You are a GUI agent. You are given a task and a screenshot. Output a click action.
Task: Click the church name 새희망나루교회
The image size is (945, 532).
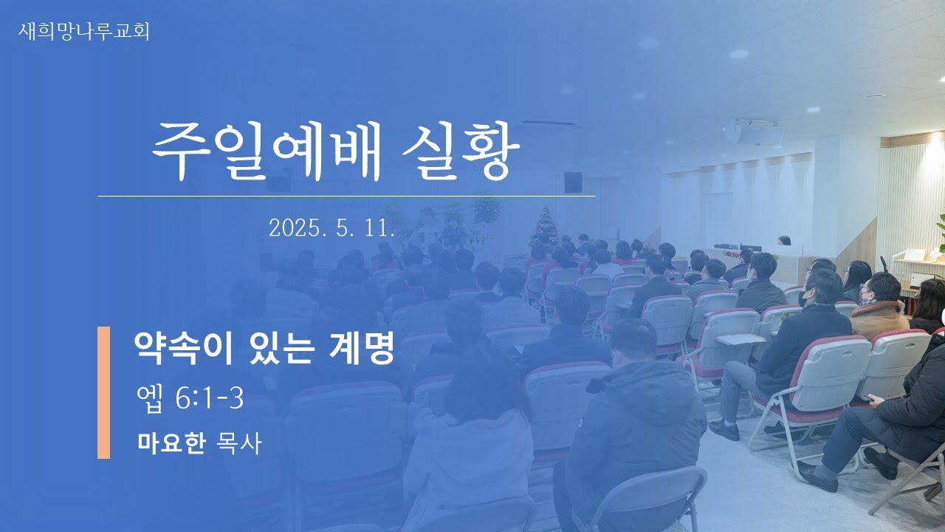coord(83,32)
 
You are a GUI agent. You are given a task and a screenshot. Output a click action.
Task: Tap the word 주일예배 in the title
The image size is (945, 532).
coord(267,151)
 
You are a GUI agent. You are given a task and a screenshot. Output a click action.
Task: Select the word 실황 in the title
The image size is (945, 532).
coord(461,151)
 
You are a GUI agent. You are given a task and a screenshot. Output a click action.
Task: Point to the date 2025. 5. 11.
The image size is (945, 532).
coord(331,228)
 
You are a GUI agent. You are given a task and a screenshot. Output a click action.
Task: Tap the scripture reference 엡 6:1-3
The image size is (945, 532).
coord(190,398)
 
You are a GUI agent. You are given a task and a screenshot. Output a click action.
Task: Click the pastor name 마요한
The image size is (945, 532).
coord(172,443)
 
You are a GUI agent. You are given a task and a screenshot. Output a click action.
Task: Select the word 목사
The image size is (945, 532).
coord(238,443)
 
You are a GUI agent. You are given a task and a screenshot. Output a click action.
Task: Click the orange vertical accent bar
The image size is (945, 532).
coord(104,392)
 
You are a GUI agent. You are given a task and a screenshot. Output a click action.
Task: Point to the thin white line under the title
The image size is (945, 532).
coord(346,196)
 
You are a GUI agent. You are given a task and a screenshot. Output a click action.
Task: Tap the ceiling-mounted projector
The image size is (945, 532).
coord(756,132)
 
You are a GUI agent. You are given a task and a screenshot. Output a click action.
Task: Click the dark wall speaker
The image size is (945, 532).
coord(573,183)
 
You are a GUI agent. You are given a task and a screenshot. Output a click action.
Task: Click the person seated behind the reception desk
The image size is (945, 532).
coord(784,240)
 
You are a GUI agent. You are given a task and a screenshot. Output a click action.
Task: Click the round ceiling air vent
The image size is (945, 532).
coord(873,96)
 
